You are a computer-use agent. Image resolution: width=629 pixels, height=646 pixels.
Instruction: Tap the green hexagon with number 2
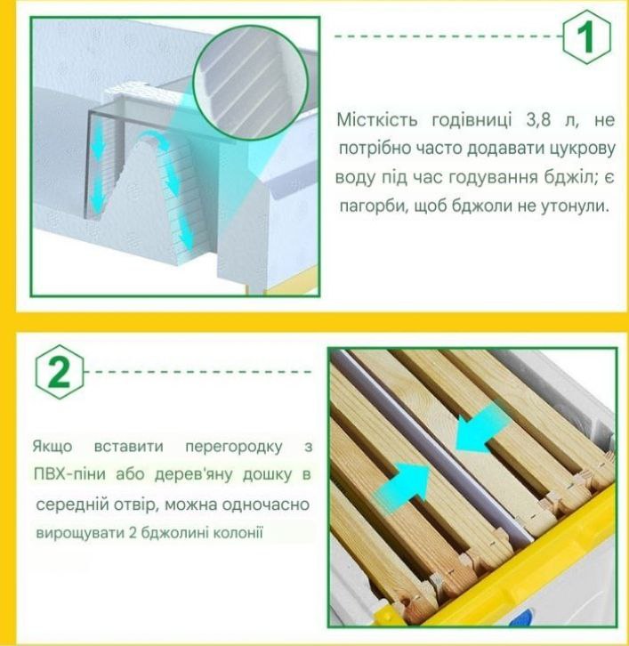[60, 372]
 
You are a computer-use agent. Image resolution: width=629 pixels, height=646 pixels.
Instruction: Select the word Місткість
[377, 120]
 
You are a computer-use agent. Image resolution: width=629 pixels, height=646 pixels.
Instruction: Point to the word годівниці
[472, 121]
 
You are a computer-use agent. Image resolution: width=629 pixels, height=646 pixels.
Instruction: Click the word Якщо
[52, 447]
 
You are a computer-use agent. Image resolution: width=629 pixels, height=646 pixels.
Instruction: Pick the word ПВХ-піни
[69, 474]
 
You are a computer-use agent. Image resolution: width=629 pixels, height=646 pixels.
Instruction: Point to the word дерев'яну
[194, 475]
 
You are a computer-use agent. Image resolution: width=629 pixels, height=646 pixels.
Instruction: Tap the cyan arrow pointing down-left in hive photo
[481, 426]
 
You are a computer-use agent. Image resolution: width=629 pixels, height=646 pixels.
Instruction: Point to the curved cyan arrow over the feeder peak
[152, 139]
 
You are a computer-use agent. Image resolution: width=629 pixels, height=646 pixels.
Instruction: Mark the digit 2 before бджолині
[133, 533]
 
